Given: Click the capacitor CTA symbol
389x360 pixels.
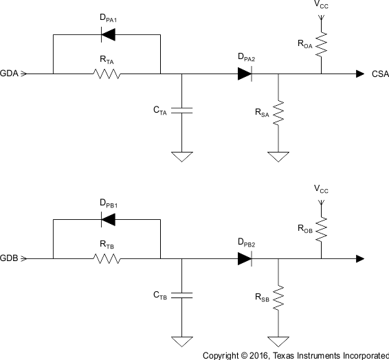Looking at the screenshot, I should click(181, 109).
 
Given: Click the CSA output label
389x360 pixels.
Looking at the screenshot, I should click(380, 74).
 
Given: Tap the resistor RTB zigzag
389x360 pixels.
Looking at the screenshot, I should click(107, 259).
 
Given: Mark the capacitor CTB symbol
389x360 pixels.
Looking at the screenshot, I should click(181, 295).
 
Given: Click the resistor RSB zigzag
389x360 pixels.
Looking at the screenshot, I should click(278, 298).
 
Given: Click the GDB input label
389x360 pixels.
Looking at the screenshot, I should click(9, 259).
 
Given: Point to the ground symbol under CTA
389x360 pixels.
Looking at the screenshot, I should click(181, 157).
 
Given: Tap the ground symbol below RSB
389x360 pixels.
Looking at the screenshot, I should click(278, 341).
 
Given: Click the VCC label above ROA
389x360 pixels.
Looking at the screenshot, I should click(321, 5).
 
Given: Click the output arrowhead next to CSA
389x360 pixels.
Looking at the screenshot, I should click(360, 74).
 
